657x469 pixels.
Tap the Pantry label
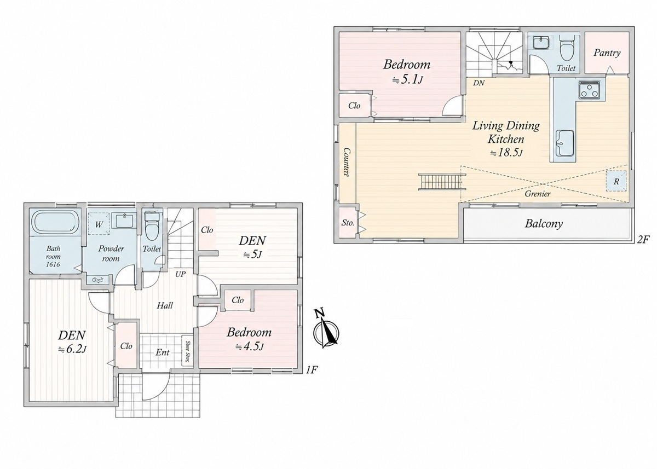[x=607, y=53]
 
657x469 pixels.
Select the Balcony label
[x=544, y=224]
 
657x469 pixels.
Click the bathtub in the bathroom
[x=54, y=223]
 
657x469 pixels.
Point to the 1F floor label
[x=312, y=370]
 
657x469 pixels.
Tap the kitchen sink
[x=564, y=143]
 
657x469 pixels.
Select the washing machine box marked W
[x=99, y=224]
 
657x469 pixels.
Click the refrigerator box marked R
[x=616, y=181]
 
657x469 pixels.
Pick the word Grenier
[x=538, y=194]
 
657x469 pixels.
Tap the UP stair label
[x=180, y=274]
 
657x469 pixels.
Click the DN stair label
[x=479, y=83]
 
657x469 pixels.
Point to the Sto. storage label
[x=348, y=223]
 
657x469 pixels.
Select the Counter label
[x=347, y=162]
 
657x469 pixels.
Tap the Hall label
[x=165, y=306]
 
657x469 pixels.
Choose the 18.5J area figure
[x=507, y=153]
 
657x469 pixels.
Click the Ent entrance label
[x=163, y=352]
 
